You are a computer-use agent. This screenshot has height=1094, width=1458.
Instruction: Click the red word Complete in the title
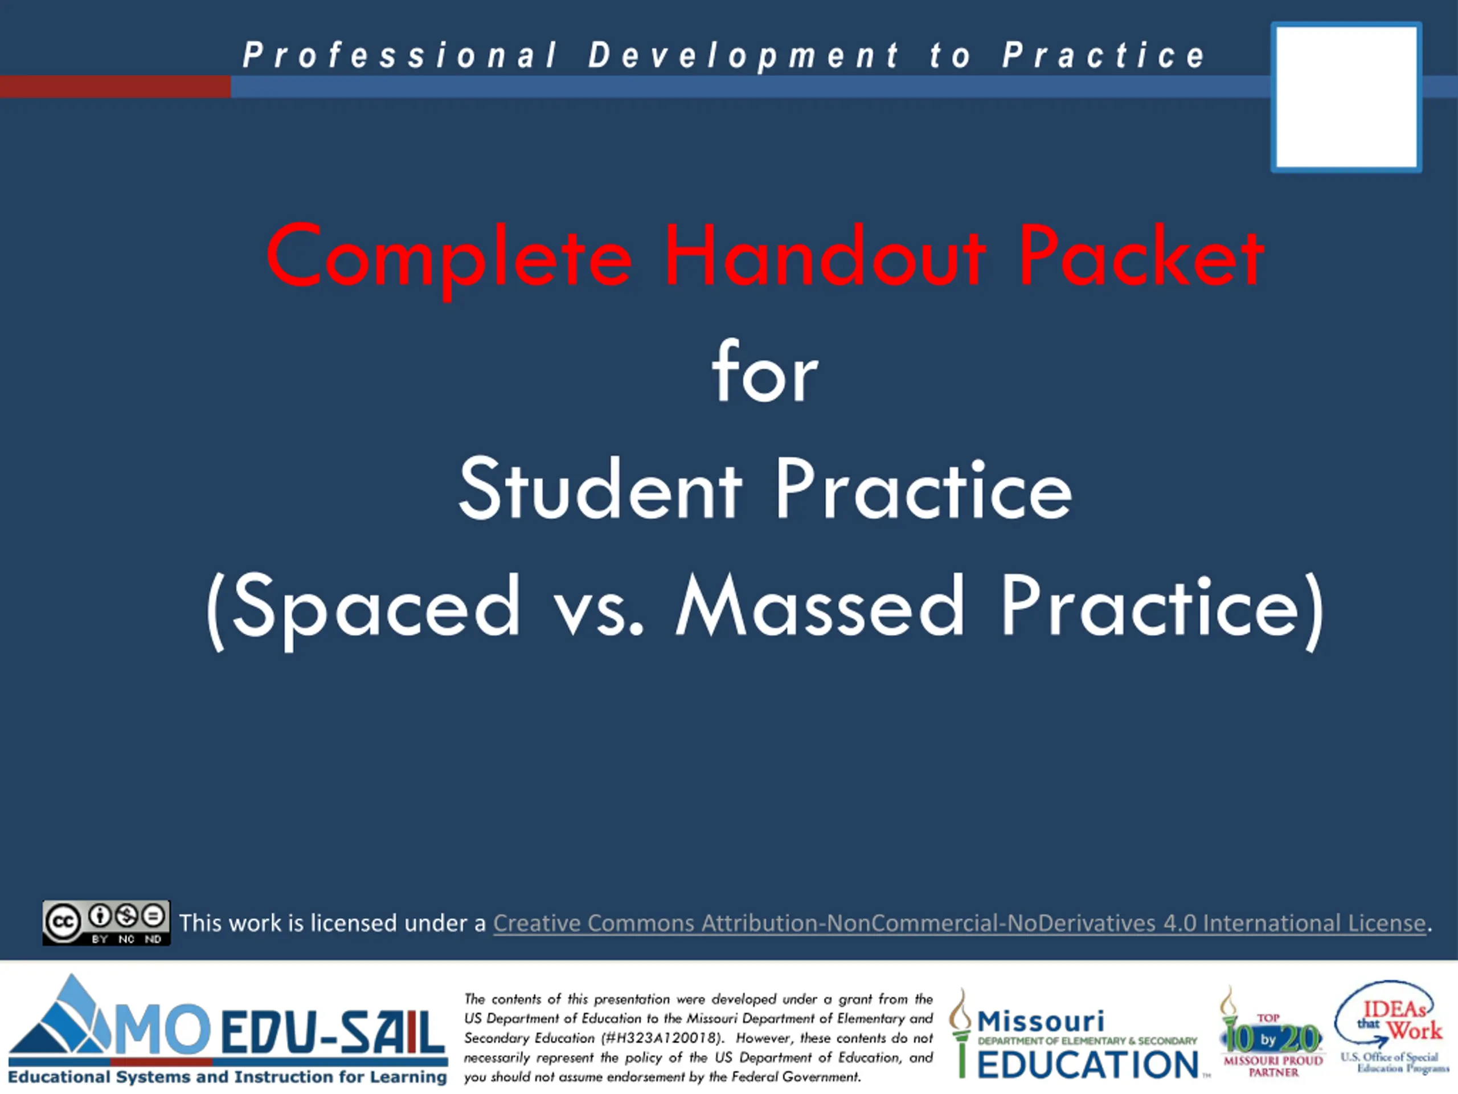[449, 257]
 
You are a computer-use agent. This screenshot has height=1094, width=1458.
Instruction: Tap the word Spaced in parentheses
[376, 610]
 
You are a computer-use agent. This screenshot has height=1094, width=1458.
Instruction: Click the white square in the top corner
[1346, 97]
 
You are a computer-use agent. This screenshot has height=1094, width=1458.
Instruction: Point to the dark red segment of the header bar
[116, 87]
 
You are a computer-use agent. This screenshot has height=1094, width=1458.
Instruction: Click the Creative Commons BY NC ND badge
[106, 922]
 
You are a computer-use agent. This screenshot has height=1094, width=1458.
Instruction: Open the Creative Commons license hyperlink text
[959, 923]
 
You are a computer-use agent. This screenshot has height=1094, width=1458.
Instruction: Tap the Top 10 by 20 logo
[1270, 1032]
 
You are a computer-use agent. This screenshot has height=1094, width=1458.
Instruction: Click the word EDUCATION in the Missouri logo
[1088, 1064]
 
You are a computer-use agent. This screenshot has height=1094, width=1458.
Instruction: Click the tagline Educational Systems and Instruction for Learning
[227, 1077]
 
